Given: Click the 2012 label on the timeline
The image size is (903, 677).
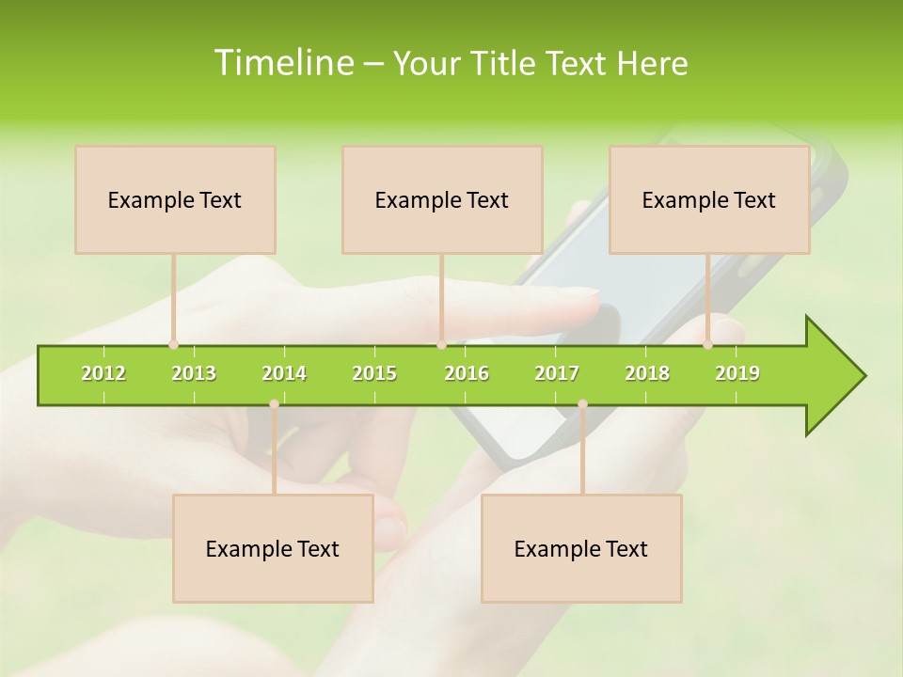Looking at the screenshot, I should [103, 373].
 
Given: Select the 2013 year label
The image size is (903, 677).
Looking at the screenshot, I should [194, 373].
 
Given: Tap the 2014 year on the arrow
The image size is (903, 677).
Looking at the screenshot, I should [284, 373].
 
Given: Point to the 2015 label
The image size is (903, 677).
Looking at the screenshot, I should [374, 373].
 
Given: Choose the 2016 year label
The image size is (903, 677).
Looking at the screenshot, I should [467, 373].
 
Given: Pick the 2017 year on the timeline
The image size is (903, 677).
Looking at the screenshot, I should [557, 373].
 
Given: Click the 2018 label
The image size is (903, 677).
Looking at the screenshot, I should [647, 373].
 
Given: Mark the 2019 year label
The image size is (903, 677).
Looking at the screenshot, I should [737, 373].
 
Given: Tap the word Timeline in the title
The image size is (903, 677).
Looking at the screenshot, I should [282, 63].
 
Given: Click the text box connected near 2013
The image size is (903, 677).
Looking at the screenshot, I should [175, 199].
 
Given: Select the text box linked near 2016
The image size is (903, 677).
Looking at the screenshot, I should [442, 199].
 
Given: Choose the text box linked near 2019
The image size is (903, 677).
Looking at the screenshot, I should [709, 199].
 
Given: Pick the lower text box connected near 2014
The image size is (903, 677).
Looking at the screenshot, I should [273, 548].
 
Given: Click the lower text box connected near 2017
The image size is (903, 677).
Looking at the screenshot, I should [581, 548].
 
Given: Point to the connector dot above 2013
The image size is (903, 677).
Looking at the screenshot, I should [173, 345].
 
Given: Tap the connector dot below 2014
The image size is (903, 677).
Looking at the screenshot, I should [274, 403].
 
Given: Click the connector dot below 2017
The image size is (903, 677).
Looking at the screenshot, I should [582, 403].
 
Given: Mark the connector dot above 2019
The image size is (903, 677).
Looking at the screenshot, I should [707, 345].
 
